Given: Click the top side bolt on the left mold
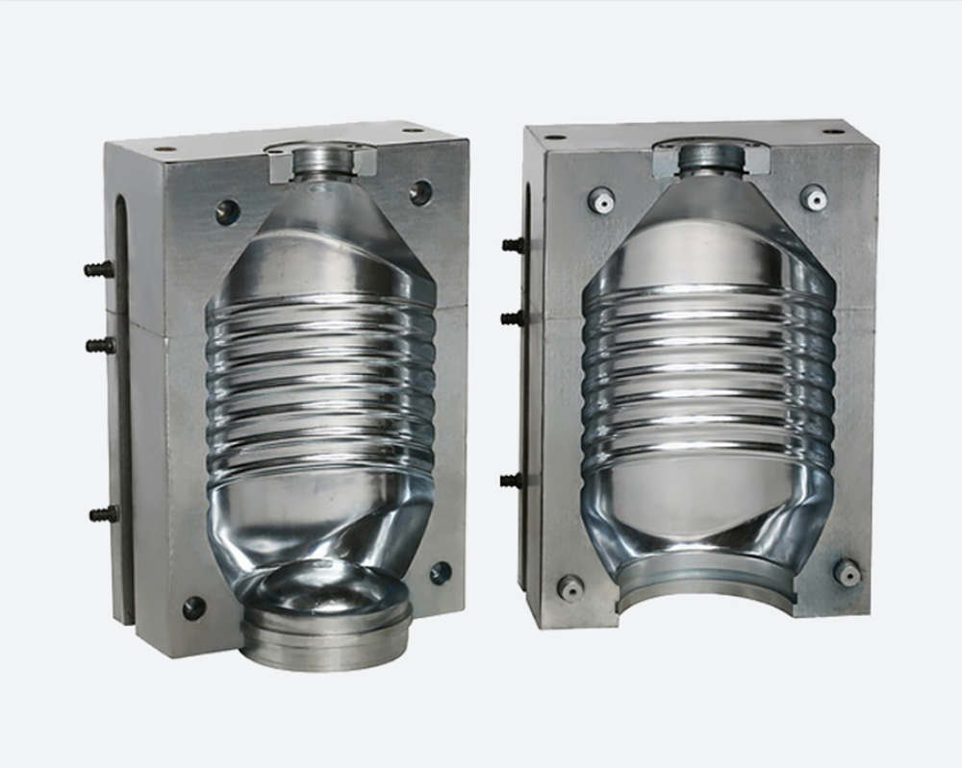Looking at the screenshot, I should click(x=99, y=269).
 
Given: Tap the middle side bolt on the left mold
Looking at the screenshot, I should click(x=100, y=345).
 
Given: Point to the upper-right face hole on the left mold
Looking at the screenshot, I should click(x=420, y=192).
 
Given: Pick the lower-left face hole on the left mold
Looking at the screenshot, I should click(x=194, y=607).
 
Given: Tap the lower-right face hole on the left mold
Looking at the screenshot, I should click(x=441, y=573).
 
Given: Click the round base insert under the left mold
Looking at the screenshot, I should click(x=327, y=625).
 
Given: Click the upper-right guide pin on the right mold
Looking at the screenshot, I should click(x=814, y=197).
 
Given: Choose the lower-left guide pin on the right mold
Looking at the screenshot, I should click(x=571, y=586).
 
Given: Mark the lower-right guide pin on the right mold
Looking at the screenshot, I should click(x=847, y=573).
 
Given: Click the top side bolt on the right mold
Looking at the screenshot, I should click(x=514, y=245).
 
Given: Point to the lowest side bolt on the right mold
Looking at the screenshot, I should click(x=512, y=480).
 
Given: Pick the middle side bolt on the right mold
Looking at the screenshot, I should click(x=513, y=317).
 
